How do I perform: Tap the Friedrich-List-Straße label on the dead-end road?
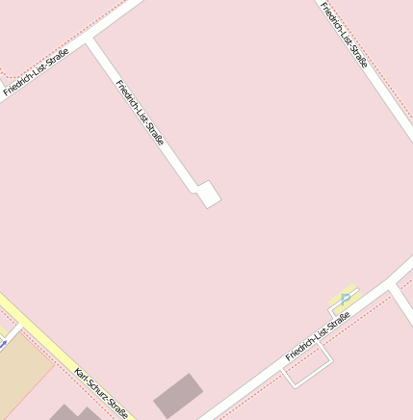(140, 113)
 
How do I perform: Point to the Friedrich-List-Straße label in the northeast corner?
(344, 35)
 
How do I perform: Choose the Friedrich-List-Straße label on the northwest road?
(30, 76)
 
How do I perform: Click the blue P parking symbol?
(345, 300)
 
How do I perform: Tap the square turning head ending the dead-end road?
(208, 195)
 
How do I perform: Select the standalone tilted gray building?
(179, 395)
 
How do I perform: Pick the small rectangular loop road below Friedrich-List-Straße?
(308, 366)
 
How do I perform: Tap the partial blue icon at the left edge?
(2, 340)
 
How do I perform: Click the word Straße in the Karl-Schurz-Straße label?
(116, 408)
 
